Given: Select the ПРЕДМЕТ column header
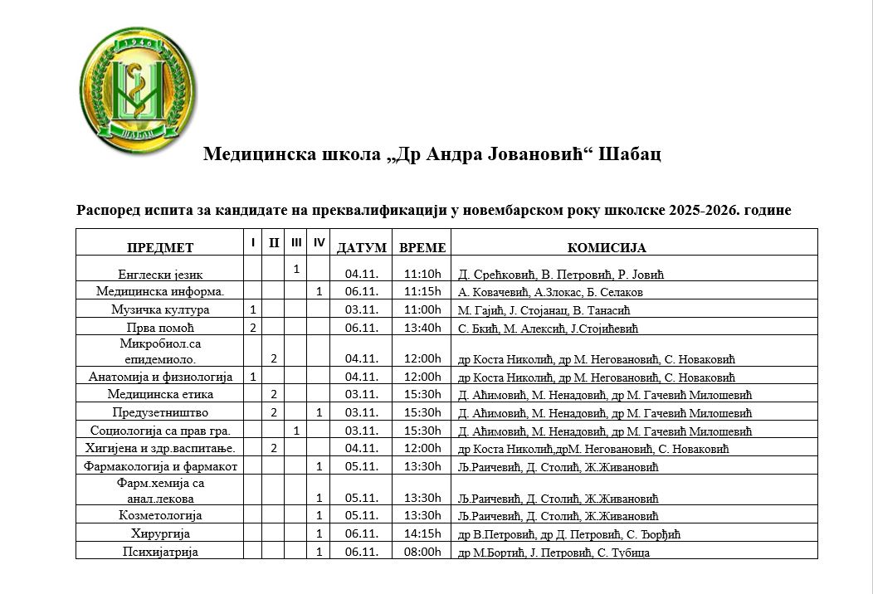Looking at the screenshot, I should point(159,247).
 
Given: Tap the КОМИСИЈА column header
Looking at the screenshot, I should point(607,247).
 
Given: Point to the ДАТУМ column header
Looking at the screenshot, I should point(361,247).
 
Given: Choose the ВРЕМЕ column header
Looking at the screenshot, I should point(422,247).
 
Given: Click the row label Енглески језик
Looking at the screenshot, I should point(161,274).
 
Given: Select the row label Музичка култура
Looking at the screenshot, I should point(160,309).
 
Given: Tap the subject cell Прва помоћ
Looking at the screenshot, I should point(161,328).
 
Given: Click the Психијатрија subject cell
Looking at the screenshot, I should point(160,551).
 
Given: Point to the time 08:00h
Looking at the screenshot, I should point(422,551).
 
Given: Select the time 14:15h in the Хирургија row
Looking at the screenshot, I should point(422,533).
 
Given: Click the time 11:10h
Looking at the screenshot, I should point(422,274).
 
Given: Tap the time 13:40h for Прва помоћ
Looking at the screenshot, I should point(422,328).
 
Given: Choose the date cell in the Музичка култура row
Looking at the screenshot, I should point(361,309).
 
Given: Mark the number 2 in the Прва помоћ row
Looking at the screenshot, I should point(252,328).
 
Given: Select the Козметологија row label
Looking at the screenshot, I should point(160,515).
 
